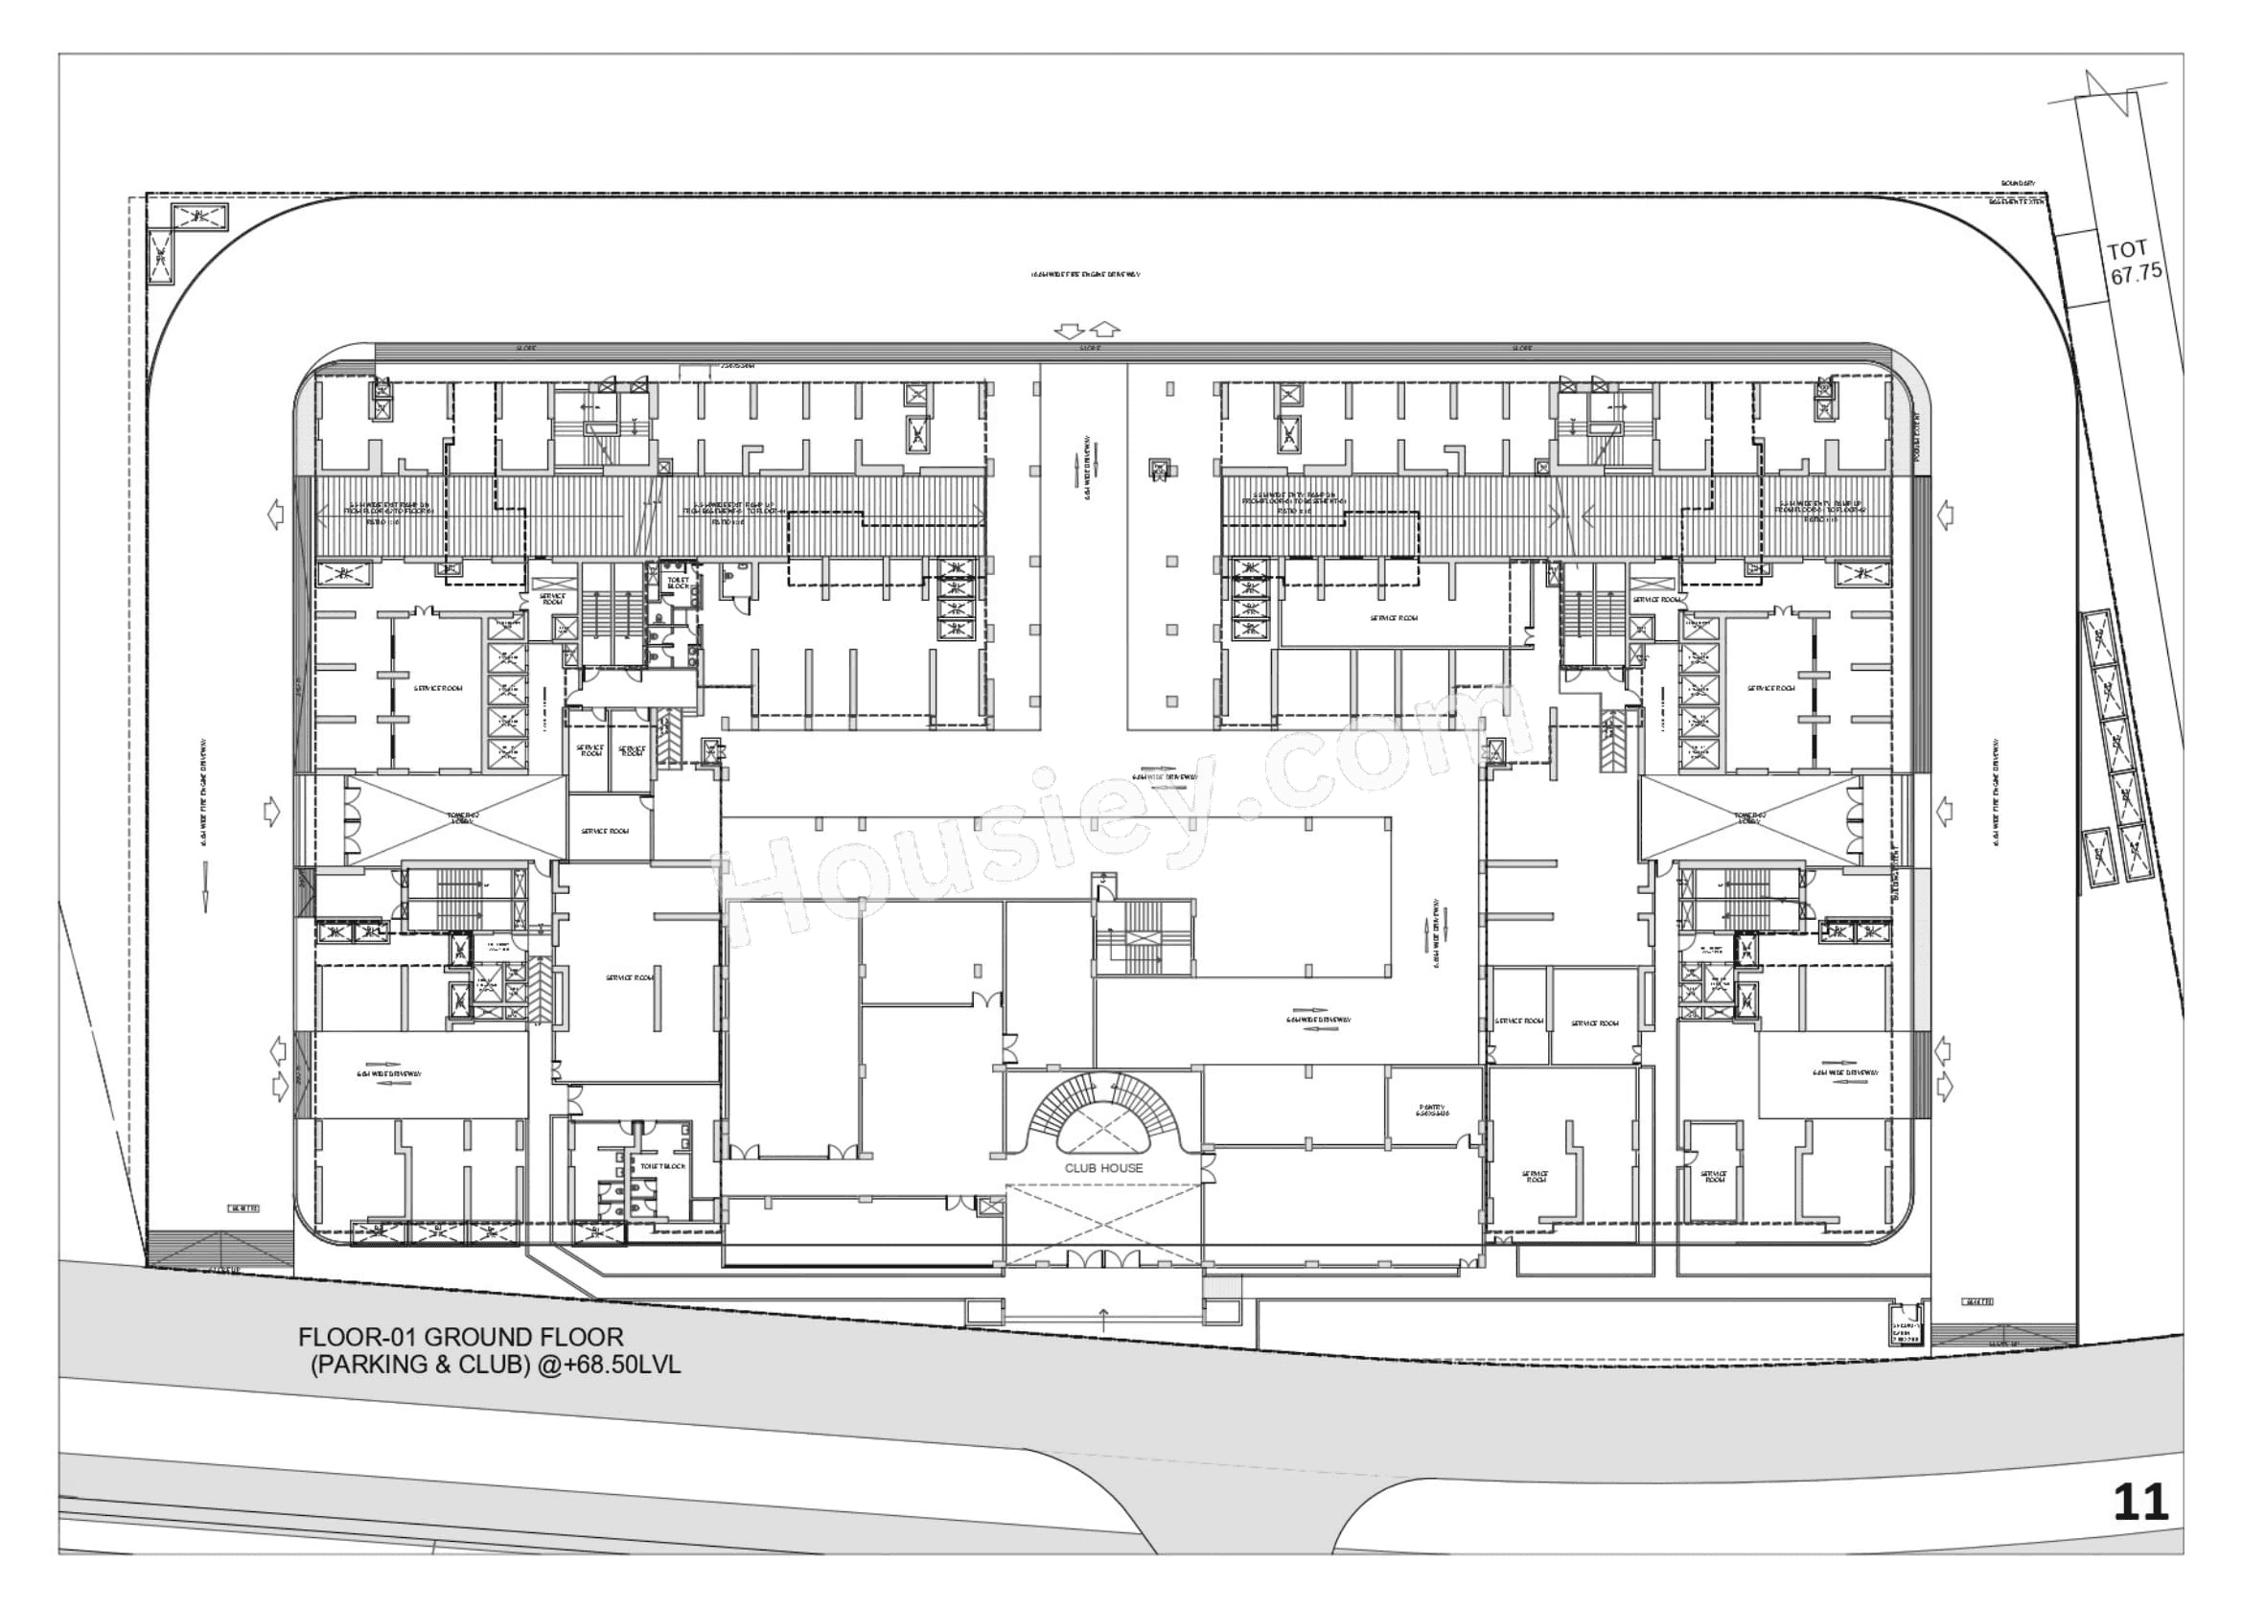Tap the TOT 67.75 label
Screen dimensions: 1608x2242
pos(2135,264)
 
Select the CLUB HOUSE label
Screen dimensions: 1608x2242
pos(1103,1168)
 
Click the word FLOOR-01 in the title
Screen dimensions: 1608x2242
pos(358,1337)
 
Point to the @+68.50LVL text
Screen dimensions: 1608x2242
pos(609,1365)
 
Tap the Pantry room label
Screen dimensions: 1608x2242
pos(1432,1110)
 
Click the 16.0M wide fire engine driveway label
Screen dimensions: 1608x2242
pos(1084,274)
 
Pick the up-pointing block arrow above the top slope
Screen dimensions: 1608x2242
pos(1105,329)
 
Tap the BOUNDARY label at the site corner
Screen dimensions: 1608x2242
pos(2018,183)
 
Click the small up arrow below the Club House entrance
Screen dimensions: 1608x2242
pos(1104,1313)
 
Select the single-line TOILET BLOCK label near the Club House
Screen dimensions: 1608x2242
pos(662,1166)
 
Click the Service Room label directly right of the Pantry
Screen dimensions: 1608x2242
pos(1536,1177)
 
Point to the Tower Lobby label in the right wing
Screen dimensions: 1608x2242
pos(1747,817)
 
